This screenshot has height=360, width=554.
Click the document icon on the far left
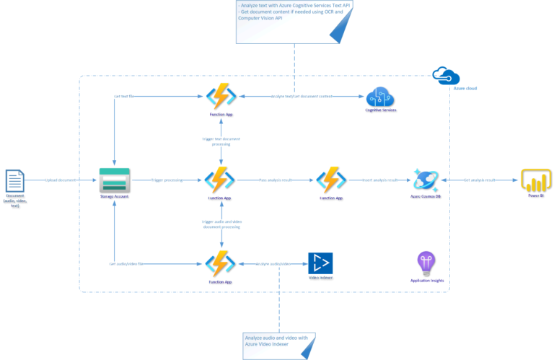(15, 180)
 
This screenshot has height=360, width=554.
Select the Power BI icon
(535, 180)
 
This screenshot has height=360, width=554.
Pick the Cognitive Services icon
(378, 99)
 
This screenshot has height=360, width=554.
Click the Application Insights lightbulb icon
(427, 263)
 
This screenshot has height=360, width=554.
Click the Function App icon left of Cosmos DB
(332, 180)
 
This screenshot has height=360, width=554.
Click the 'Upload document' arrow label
(63, 180)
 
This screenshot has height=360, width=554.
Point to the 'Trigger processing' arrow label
(167, 180)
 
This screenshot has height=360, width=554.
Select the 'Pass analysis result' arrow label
(276, 180)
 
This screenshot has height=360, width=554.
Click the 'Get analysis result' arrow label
(479, 180)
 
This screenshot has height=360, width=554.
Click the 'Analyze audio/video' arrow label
(272, 264)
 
